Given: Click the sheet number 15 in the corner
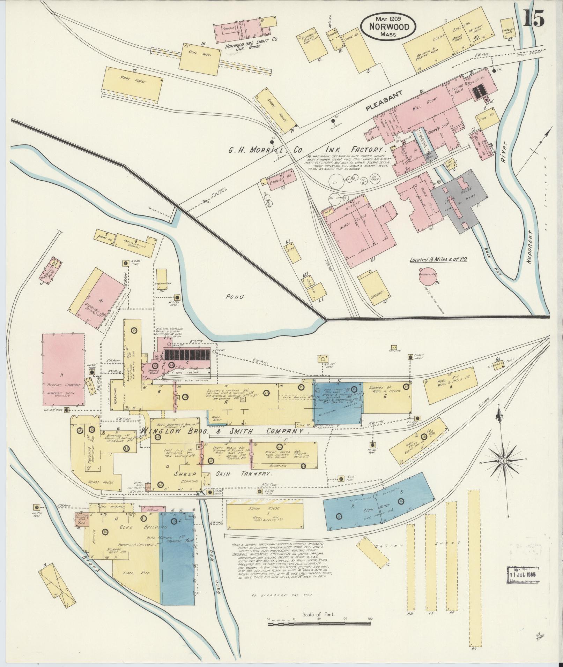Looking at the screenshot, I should [x=534, y=18].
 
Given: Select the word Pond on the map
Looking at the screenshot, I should [x=235, y=297].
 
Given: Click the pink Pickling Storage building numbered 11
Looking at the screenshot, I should [x=63, y=370].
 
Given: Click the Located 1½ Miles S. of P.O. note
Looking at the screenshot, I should [x=438, y=259].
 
